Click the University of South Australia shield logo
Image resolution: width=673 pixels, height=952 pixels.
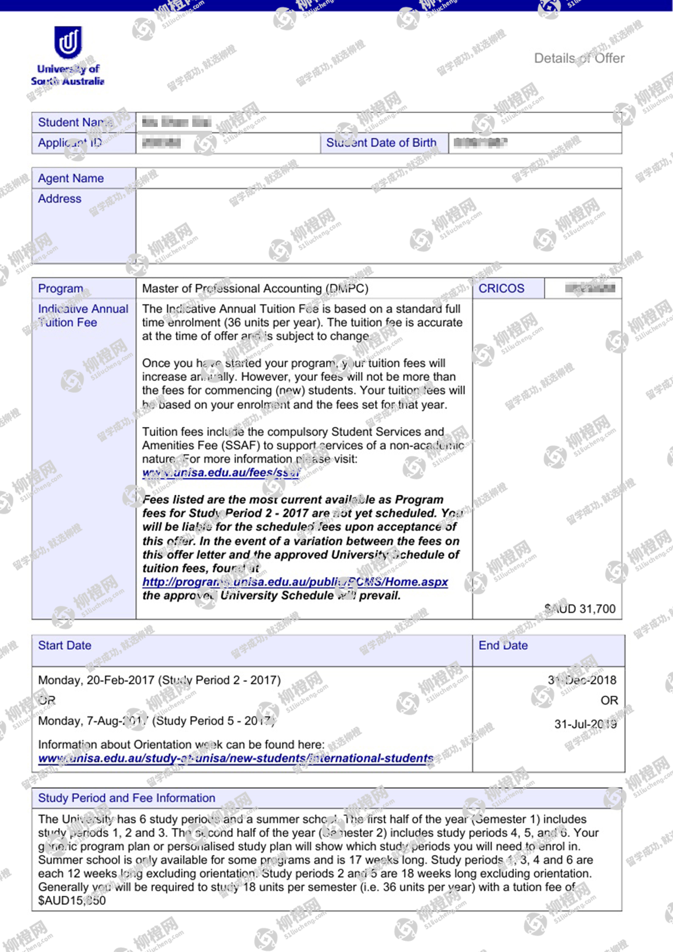[68, 42]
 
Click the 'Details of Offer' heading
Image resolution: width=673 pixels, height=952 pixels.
[579, 58]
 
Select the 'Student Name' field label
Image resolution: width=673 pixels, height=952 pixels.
[75, 123]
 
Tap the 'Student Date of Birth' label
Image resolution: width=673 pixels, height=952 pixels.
[381, 143]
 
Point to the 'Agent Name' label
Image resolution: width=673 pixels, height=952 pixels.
[71, 178]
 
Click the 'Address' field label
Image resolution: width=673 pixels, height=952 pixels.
[60, 199]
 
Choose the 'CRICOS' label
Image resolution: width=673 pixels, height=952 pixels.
[501, 288]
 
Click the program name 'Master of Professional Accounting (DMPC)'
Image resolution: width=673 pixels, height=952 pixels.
[255, 288]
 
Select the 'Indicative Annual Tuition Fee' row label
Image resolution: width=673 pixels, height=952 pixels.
[83, 315]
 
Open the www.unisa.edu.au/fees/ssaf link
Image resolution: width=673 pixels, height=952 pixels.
[221, 473]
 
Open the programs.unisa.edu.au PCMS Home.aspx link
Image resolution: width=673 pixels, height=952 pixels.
[295, 582]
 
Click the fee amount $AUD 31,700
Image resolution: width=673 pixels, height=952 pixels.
[580, 609]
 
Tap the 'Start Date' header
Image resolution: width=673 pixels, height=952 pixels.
[64, 645]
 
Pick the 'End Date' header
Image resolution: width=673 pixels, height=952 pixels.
[503, 645]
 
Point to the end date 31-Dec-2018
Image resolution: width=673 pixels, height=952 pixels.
[582, 680]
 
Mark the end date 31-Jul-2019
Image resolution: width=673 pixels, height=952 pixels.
[585, 724]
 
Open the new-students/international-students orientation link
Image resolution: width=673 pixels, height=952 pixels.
[236, 759]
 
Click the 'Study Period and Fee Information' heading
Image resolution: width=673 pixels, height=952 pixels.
[126, 798]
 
